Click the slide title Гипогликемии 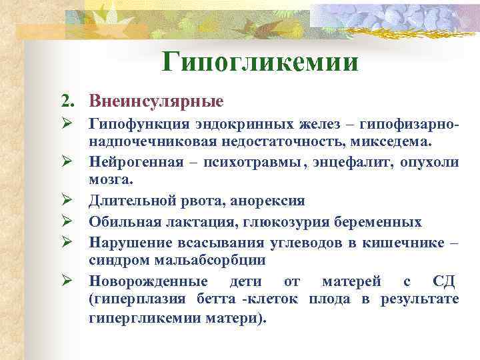tap(260, 63)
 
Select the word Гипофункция tap(133, 127)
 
